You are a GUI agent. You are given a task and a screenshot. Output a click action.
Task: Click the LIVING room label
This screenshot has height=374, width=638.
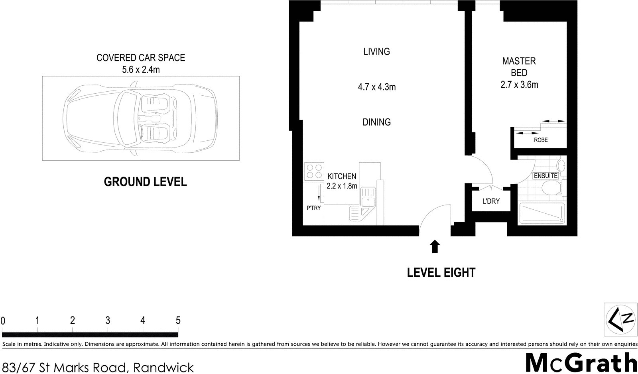376,51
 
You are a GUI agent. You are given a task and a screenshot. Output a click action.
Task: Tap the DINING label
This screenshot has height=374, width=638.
376,122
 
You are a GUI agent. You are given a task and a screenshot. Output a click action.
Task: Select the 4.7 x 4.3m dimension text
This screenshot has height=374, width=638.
376,87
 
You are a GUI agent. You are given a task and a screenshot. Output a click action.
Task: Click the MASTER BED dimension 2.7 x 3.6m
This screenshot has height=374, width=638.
519,85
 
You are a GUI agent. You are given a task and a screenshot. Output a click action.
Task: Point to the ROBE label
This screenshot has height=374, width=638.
541,140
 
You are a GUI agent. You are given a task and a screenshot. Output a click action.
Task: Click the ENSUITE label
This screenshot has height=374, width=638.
545,175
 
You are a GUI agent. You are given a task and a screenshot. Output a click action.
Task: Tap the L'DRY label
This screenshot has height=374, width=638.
490,201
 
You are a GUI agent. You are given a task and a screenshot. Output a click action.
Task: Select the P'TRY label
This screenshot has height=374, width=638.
313,208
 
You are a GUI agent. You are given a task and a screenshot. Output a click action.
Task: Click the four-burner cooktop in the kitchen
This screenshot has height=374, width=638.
313,171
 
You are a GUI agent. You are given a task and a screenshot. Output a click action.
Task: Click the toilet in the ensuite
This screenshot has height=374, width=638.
552,189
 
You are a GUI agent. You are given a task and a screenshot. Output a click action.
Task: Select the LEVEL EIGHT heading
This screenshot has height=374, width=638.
441,273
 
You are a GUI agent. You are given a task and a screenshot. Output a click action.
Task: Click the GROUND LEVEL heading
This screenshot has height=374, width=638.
145,182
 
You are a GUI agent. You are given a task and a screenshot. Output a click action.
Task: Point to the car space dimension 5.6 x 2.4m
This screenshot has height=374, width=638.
141,70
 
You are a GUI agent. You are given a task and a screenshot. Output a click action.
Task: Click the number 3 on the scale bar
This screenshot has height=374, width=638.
108,320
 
